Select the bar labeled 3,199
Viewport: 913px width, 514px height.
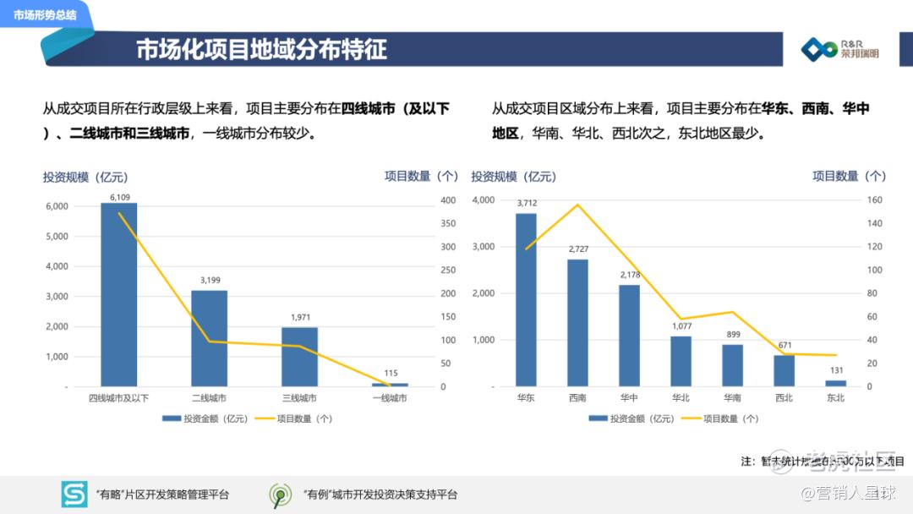[x=209, y=338]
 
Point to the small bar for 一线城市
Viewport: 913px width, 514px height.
[x=390, y=385]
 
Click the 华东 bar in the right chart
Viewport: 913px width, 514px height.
[x=526, y=299]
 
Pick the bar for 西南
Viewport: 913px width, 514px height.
[x=577, y=322]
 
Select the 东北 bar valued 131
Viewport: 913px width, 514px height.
[x=835, y=383]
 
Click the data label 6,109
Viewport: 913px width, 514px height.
[x=119, y=197]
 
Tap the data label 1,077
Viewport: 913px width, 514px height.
[x=681, y=325]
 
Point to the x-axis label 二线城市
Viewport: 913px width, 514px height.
[x=209, y=398]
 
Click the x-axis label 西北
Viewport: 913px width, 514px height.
[x=784, y=398]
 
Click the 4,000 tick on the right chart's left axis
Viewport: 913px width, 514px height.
[x=483, y=200]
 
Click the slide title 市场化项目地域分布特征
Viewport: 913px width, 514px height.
[x=261, y=49]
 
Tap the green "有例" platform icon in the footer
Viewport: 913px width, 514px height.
[x=280, y=495]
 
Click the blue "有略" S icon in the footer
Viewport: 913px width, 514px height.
[x=74, y=495]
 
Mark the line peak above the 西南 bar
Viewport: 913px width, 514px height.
[x=577, y=205]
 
